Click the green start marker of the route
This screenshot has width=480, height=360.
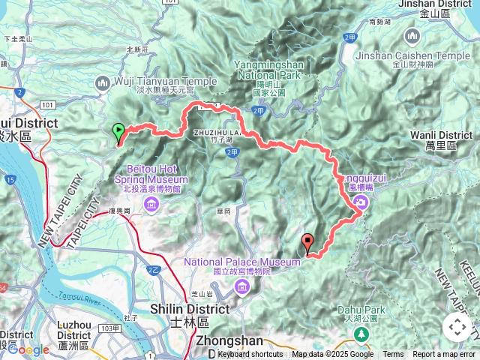118,133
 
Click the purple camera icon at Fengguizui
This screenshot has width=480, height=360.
361,202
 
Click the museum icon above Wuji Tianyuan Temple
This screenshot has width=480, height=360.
103,82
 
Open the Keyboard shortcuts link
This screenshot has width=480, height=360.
250,355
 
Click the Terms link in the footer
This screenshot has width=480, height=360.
392,355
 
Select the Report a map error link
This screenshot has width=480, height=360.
444,355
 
